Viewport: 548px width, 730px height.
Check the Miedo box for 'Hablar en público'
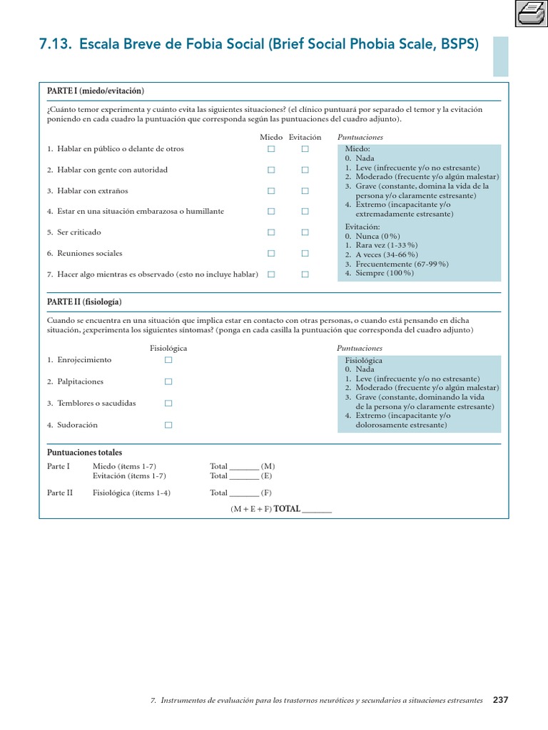[x=271, y=149]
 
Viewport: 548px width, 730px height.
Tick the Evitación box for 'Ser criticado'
[x=305, y=232]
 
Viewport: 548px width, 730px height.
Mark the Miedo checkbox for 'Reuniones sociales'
[x=271, y=253]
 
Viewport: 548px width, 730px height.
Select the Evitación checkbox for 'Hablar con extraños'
[x=305, y=191]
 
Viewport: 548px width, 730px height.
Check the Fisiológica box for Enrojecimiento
[x=168, y=360]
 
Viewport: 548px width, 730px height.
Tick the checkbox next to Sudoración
[x=168, y=425]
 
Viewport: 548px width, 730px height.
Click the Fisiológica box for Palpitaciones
[x=168, y=381]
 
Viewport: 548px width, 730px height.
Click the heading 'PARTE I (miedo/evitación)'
[x=96, y=91]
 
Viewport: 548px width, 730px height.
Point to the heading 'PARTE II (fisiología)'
[x=84, y=302]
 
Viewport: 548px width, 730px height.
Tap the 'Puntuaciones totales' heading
[x=84, y=453]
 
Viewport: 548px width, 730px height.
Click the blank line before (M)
[x=245, y=468]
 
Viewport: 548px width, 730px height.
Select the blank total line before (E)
[x=245, y=477]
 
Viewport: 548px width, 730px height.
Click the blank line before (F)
[x=245, y=494]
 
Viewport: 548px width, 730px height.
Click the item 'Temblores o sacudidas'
[x=91, y=403]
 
